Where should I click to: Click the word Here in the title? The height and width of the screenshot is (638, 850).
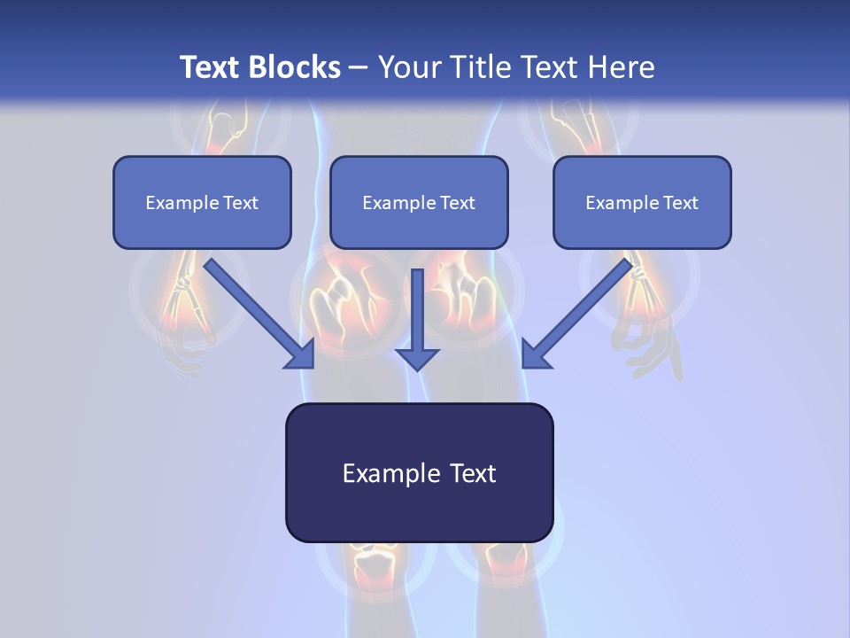(x=620, y=67)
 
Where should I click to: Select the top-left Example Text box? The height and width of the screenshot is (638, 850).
(x=202, y=202)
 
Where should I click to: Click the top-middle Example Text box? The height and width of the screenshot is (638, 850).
(x=419, y=202)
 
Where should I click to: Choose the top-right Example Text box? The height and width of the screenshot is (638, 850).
(x=642, y=202)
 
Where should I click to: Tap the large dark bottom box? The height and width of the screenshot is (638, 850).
(x=419, y=472)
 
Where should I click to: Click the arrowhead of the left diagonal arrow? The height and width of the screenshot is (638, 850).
(x=301, y=354)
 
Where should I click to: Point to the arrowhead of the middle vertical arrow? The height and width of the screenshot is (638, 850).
(x=417, y=357)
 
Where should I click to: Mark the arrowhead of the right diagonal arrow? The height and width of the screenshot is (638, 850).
(x=535, y=354)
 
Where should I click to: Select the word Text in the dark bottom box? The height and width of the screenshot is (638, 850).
(x=474, y=473)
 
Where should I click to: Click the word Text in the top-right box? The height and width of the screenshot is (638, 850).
(x=680, y=203)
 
